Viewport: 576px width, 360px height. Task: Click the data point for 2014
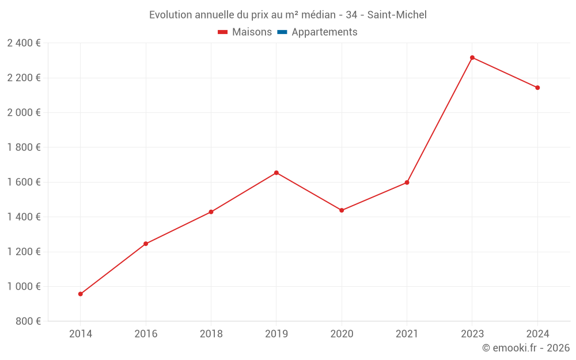pyautogui.click(x=81, y=294)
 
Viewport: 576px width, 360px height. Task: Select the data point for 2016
pyautogui.click(x=146, y=244)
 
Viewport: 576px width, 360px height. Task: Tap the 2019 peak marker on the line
pyautogui.click(x=276, y=173)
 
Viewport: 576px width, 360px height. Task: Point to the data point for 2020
pyautogui.click(x=342, y=210)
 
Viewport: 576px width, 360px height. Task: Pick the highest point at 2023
pyautogui.click(x=472, y=58)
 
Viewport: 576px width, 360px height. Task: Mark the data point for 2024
pyautogui.click(x=537, y=88)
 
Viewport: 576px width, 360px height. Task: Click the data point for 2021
pyautogui.click(x=407, y=183)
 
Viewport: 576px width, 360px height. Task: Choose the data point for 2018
pyautogui.click(x=211, y=212)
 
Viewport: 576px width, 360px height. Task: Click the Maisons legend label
pyautogui.click(x=252, y=32)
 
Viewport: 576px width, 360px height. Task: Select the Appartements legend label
pyautogui.click(x=324, y=32)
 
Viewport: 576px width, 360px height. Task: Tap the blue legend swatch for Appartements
pyautogui.click(x=282, y=32)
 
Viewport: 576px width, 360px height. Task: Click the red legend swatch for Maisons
pyautogui.click(x=223, y=32)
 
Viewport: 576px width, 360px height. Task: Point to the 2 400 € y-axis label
pyautogui.click(x=24, y=43)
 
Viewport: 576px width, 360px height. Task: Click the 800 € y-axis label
pyautogui.click(x=29, y=321)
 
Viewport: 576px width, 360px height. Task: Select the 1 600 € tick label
pyautogui.click(x=24, y=182)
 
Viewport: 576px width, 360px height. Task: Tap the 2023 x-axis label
pyautogui.click(x=472, y=334)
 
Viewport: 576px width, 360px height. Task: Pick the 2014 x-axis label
pyautogui.click(x=81, y=334)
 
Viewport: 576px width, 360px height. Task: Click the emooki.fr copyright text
pyautogui.click(x=525, y=348)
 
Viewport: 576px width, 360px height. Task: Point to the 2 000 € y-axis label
pyautogui.click(x=24, y=113)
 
